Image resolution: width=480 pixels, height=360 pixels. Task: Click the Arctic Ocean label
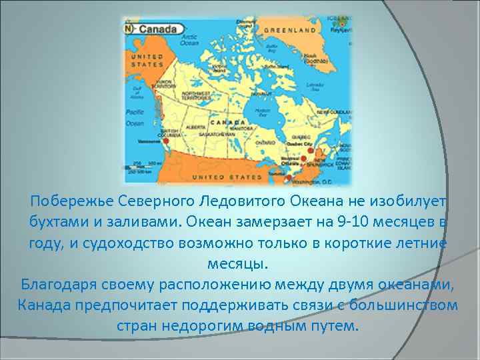190,40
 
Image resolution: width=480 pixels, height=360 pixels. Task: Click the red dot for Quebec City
310,151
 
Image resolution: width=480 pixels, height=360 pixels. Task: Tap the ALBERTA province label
196,127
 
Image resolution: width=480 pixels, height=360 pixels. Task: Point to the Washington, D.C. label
319,181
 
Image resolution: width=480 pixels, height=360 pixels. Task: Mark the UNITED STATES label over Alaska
147,61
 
